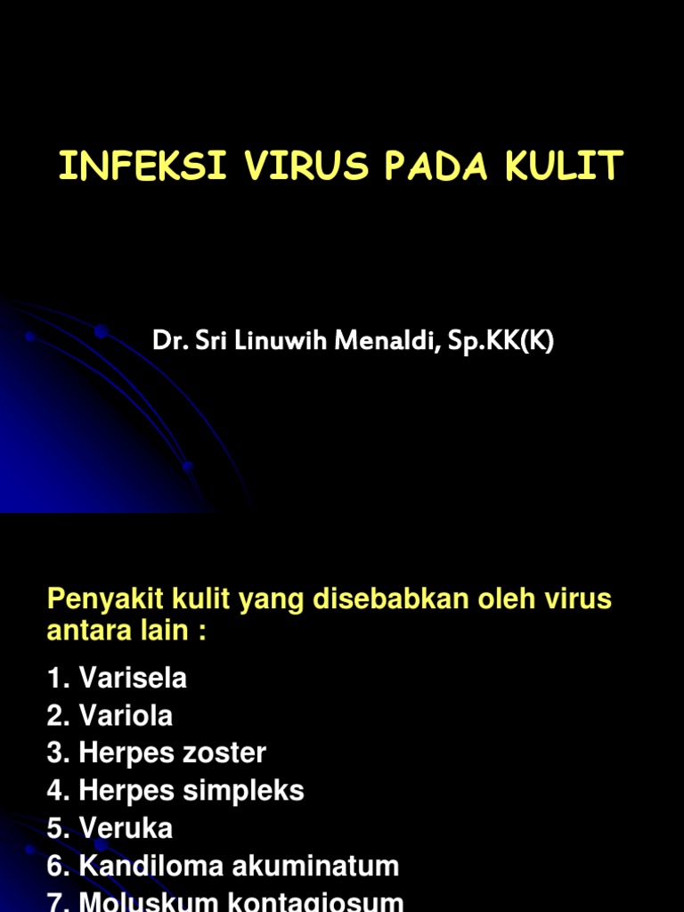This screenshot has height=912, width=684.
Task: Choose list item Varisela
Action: click(133, 679)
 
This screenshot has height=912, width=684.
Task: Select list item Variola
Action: click(126, 716)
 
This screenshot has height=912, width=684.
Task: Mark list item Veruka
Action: click(126, 828)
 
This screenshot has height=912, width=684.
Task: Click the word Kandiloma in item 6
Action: click(146, 866)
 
